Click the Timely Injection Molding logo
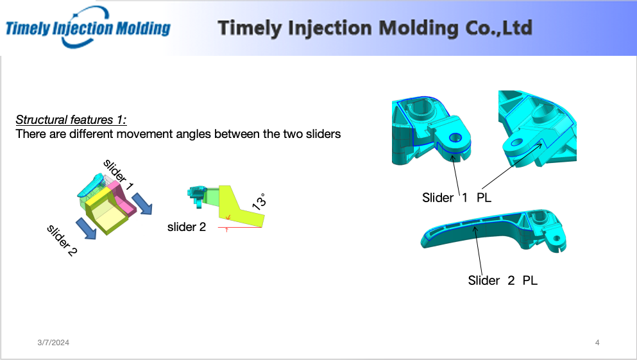click(x=88, y=28)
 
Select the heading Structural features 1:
click(x=71, y=120)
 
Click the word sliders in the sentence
click(x=323, y=133)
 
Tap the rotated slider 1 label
click(x=118, y=175)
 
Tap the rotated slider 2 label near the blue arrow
click(x=62, y=240)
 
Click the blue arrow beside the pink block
click(x=142, y=203)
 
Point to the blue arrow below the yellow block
click(x=86, y=228)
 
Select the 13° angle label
click(x=259, y=201)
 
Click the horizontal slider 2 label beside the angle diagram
click(x=187, y=227)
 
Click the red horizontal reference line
click(x=240, y=228)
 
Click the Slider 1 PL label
click(x=457, y=198)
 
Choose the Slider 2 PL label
click(x=502, y=280)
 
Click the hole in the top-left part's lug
click(x=455, y=138)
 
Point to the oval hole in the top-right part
click(x=517, y=142)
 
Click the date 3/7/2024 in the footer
click(x=53, y=343)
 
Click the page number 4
click(x=597, y=343)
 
